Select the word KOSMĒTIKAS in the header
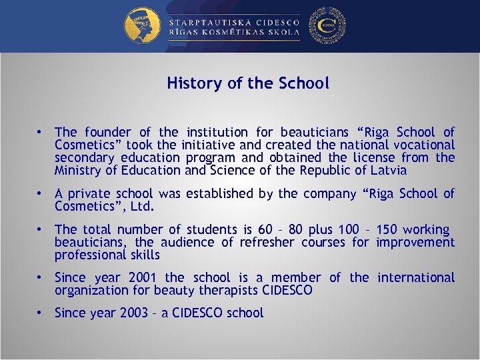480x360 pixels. (234, 32)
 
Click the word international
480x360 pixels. (416, 277)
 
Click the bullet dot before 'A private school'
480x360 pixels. (41, 193)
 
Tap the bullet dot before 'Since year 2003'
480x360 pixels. (41, 313)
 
